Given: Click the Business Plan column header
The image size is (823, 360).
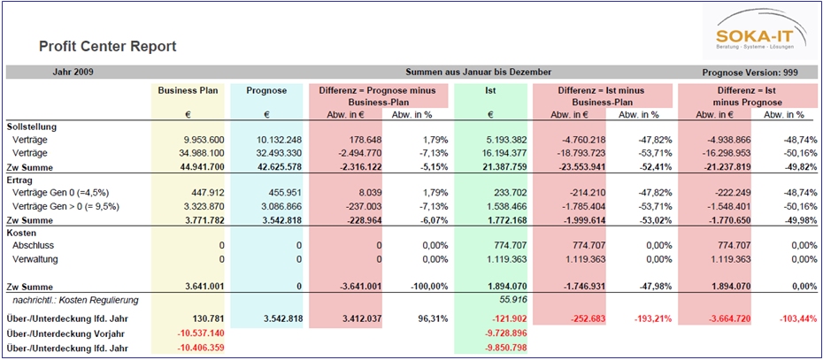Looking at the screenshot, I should click(x=188, y=90).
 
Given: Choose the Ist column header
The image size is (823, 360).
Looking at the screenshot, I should click(x=489, y=90).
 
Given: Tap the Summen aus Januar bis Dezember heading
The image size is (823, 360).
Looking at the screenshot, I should click(x=478, y=72).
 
